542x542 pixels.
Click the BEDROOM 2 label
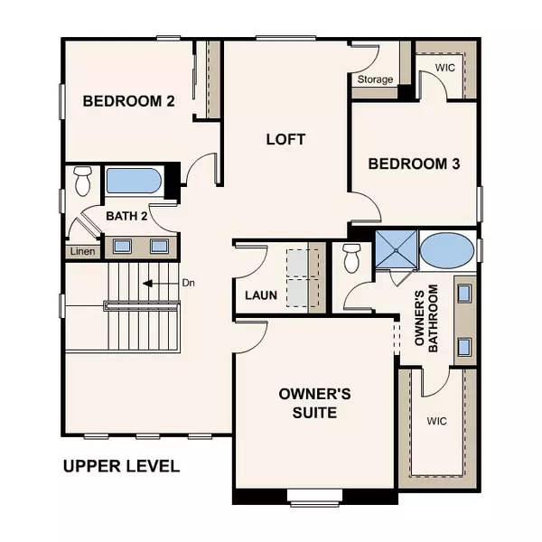[129, 101]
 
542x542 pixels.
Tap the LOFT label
[285, 139]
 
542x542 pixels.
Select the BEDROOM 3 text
[414, 164]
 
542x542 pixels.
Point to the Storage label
[375, 79]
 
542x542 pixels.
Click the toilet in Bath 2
[83, 181]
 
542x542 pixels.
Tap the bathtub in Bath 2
[134, 181]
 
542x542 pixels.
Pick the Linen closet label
[82, 251]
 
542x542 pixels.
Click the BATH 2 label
[126, 216]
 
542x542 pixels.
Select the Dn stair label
[189, 283]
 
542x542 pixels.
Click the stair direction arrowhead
[147, 284]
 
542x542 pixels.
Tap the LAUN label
[261, 295]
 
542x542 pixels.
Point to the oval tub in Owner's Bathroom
[448, 250]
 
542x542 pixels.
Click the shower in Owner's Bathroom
[397, 249]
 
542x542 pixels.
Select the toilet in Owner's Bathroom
[352, 258]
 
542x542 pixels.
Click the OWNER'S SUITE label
[314, 403]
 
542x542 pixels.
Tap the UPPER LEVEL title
[121, 466]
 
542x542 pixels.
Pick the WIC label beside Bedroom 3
[444, 68]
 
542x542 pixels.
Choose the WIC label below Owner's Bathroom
[436, 421]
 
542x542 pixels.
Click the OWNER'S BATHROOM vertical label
[426, 318]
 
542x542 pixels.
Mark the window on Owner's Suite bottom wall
[314, 498]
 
